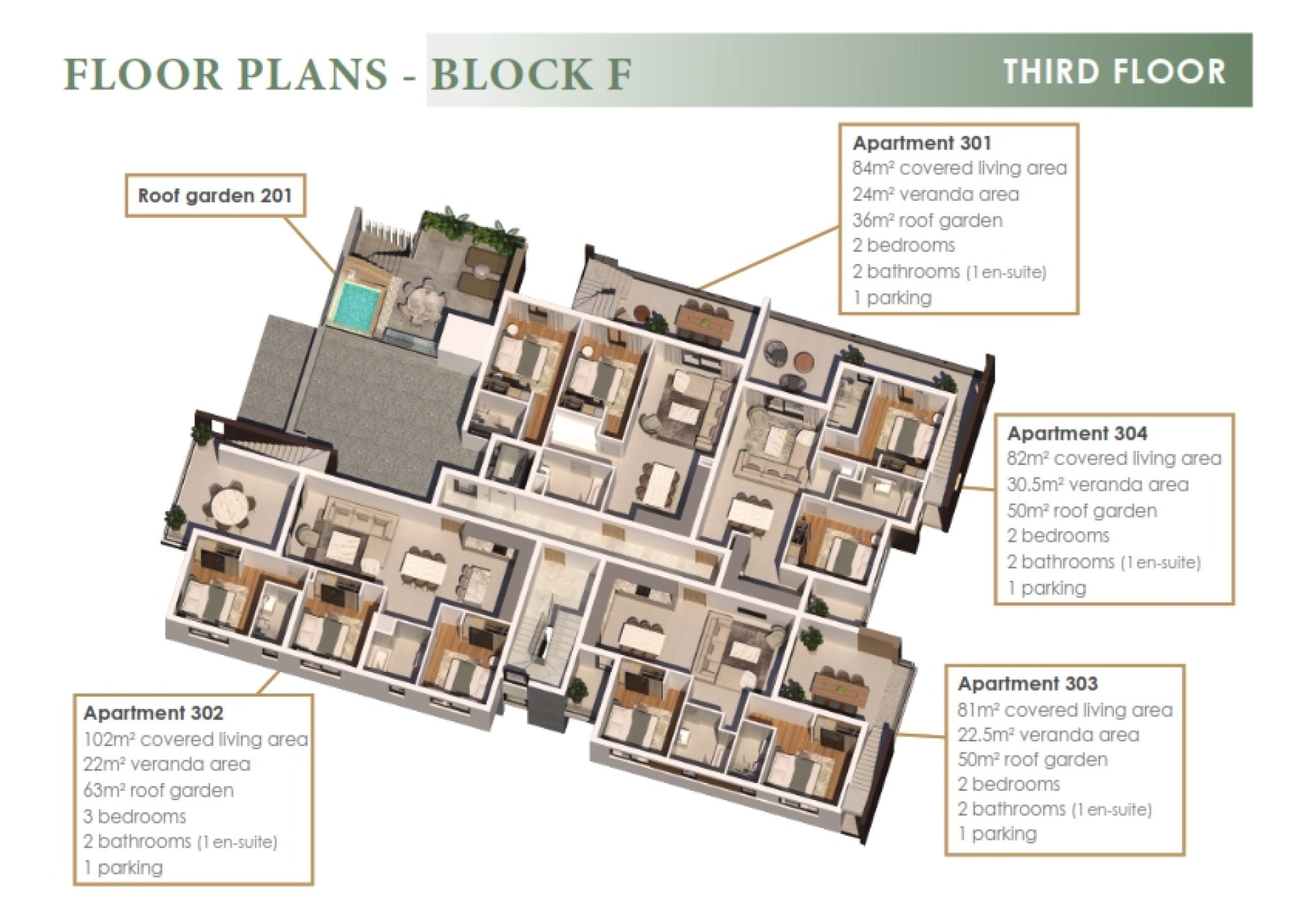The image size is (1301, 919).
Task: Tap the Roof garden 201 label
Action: [215, 196]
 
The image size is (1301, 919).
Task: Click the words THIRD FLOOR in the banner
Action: [1114, 72]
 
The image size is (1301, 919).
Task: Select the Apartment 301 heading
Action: [922, 142]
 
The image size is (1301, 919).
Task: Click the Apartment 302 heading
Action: [154, 713]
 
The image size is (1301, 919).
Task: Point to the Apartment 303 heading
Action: [1028, 684]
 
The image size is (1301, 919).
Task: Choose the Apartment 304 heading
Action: [1077, 433]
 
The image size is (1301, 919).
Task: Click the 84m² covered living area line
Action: [959, 168]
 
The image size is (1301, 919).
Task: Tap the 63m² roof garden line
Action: [158, 791]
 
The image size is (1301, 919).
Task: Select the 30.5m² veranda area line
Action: [1097, 485]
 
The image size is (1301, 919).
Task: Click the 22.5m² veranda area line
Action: [1048, 735]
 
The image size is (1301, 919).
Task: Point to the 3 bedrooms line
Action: [135, 816]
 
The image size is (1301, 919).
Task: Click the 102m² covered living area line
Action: [195, 739]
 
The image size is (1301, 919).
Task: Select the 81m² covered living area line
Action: [1065, 710]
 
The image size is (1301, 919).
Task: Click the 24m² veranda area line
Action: [935, 194]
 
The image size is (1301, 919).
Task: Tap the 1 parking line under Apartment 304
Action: [1047, 588]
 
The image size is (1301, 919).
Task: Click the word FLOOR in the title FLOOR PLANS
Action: [143, 73]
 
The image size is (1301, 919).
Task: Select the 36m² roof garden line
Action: [927, 220]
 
